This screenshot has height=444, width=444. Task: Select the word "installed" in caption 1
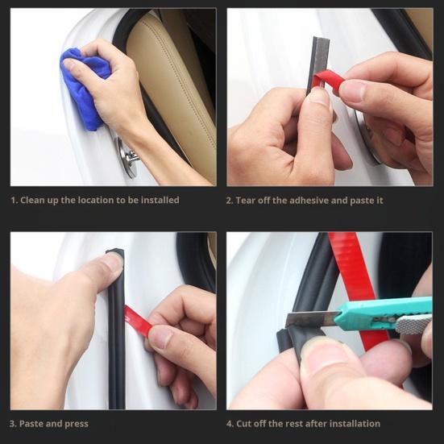pyautogui.click(x=160, y=200)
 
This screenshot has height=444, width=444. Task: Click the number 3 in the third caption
pyautogui.click(x=13, y=423)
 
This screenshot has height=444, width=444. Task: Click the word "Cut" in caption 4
pyautogui.click(x=247, y=423)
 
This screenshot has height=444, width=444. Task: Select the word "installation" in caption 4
pyautogui.click(x=352, y=423)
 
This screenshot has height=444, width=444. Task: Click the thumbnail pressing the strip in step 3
pyautogui.click(x=112, y=263)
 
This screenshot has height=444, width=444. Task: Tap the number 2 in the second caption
pyautogui.click(x=230, y=200)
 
